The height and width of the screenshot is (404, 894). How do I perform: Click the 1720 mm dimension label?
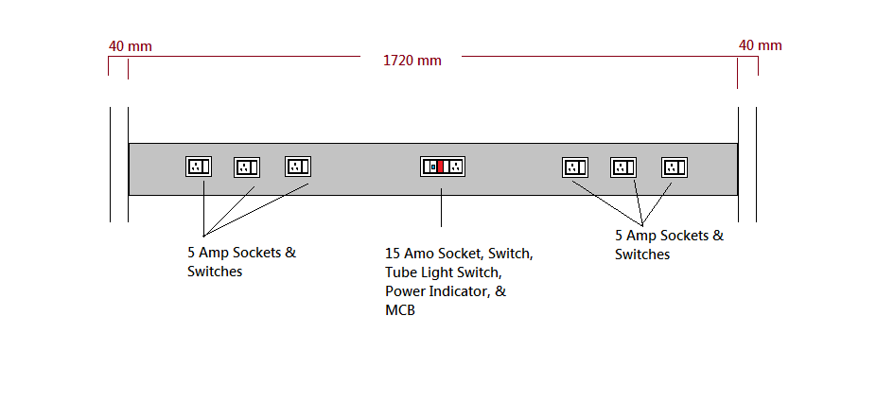(412, 61)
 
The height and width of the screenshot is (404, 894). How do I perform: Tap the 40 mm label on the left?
(131, 45)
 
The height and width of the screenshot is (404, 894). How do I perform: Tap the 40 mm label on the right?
(760, 45)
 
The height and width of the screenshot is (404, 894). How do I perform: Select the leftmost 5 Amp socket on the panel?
(199, 167)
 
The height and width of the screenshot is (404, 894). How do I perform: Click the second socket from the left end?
(247, 167)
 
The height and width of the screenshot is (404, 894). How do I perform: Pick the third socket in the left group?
(298, 167)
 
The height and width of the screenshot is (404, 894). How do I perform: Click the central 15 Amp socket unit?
(443, 167)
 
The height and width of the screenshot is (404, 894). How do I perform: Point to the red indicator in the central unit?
(441, 167)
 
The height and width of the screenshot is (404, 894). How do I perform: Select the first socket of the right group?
(575, 167)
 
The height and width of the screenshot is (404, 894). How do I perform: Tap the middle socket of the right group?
(622, 167)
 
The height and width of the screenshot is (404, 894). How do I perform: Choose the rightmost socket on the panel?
(674, 167)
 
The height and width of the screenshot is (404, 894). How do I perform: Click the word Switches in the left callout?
(215, 272)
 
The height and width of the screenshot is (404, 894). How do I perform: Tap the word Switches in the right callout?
(642, 255)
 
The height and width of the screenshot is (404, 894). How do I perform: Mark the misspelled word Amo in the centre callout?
(419, 254)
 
